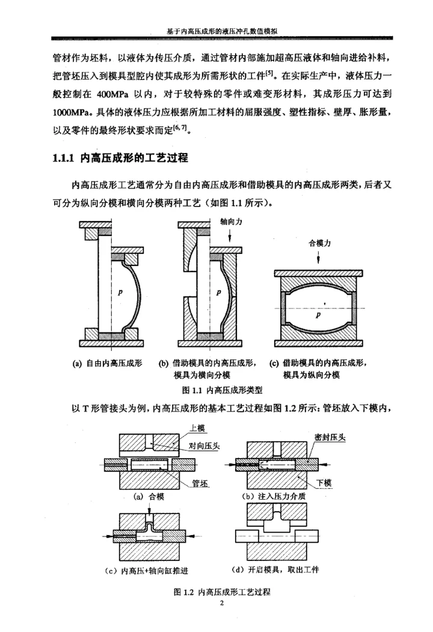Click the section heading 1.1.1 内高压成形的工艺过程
[x=121, y=160]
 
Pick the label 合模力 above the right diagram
[x=319, y=243]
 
